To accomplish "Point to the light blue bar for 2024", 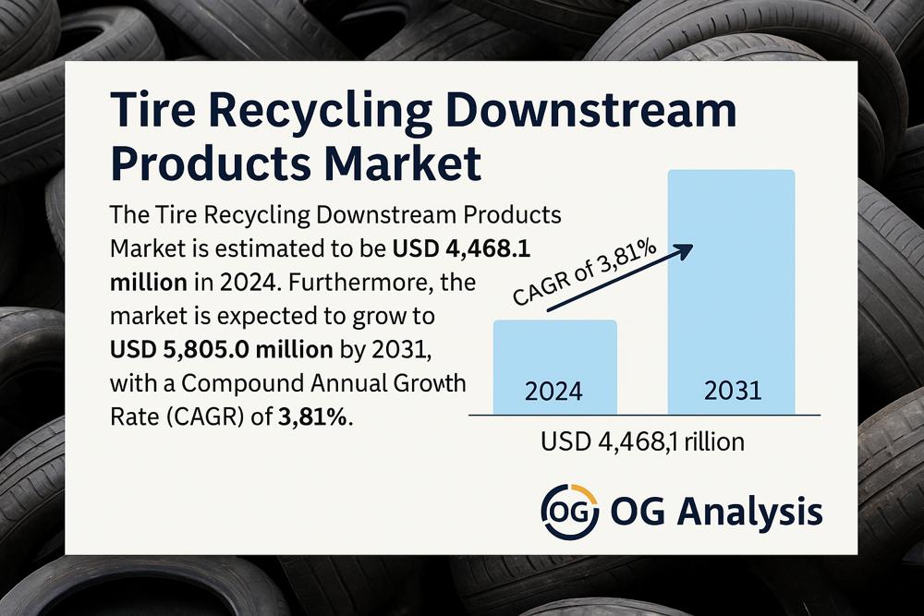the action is tap(555, 367).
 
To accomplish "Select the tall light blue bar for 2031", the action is tap(731, 292).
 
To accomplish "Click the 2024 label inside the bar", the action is tap(553, 392).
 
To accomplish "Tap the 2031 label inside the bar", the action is tap(733, 391).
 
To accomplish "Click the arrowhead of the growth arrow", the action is tap(683, 251).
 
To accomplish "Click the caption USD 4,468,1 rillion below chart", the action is tap(642, 441).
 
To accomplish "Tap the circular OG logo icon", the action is tap(569, 512).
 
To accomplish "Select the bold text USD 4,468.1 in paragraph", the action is tap(461, 249).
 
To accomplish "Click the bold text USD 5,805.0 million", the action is tap(222, 350).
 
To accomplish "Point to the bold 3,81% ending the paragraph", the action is tap(312, 417).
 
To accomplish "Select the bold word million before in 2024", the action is tap(149, 283).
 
